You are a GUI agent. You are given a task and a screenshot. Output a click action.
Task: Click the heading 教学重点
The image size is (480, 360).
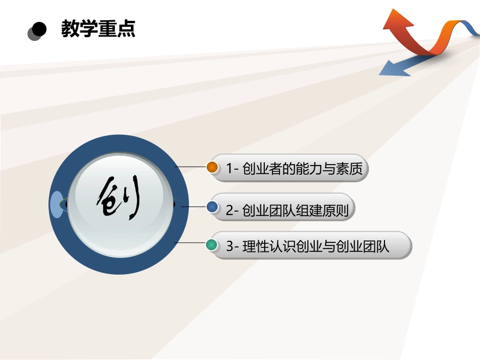coord(98,29)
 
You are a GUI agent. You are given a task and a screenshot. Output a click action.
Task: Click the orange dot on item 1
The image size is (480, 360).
coord(213,167)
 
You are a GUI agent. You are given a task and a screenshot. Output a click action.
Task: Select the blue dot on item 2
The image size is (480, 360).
coord(213,206)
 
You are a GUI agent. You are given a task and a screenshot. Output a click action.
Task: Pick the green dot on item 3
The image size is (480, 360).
coord(213,245)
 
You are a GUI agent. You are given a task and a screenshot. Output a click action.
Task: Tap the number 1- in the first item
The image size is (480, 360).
coord(232,168)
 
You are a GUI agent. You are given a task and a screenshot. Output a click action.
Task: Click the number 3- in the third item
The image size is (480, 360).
coord(232,247)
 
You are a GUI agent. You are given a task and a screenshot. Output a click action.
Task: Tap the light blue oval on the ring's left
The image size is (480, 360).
coord(57,204)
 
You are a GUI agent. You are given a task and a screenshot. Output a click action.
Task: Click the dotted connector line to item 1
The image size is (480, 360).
coord(190,166)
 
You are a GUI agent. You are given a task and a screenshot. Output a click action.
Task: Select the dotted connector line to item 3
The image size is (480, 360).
coord(190,243)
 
